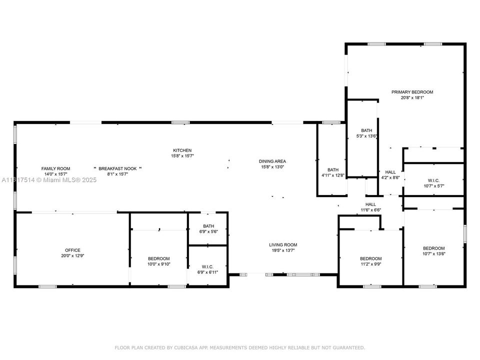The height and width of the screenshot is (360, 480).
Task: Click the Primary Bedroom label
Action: coord(412,92)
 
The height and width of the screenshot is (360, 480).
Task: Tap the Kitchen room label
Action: coord(182,150)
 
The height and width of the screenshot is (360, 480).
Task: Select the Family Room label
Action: coord(55,168)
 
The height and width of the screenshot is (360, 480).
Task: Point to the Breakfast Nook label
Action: coord(118,168)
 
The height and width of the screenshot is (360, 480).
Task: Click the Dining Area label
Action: coord(272,161)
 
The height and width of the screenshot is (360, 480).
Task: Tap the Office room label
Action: coord(72,250)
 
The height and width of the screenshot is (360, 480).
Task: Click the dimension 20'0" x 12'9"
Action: coord(72,256)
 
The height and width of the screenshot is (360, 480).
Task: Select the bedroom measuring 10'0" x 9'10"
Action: coord(158,261)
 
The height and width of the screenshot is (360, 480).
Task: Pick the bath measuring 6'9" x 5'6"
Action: coord(208,228)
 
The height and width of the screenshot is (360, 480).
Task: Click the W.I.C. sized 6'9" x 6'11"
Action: coord(208,269)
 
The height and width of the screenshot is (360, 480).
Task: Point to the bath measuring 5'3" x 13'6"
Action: coord(362,133)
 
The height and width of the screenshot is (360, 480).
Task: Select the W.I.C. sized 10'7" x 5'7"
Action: coord(433,183)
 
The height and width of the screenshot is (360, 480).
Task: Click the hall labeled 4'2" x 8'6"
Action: coord(390,174)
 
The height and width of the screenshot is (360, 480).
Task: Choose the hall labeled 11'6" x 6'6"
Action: coord(370,207)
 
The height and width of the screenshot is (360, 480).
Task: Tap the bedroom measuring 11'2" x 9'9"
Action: coord(370,261)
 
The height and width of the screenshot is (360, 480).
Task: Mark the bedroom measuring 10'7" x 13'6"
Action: coord(433,251)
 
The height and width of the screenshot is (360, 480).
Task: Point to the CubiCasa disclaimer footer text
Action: coord(240,347)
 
